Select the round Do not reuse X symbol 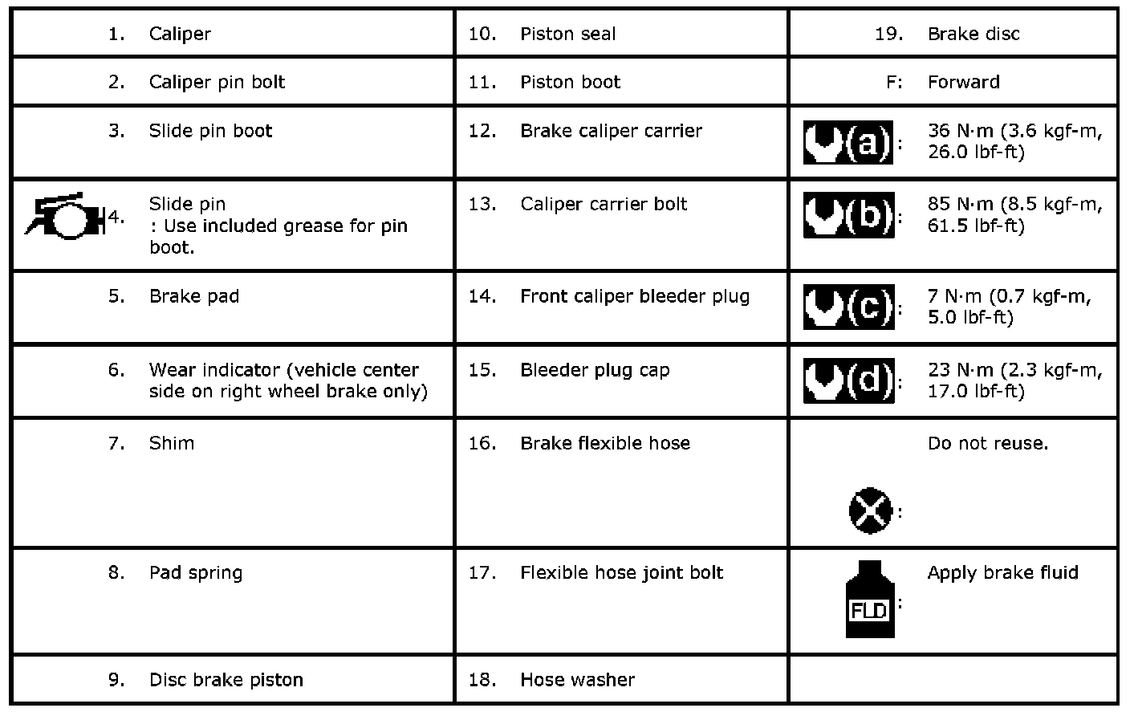pos(870,510)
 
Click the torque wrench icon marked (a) pos(847,143)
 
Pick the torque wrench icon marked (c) pos(847,307)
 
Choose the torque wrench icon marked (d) pos(847,381)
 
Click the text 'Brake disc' pos(973,34)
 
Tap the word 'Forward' pos(963,82)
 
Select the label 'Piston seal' pos(567,34)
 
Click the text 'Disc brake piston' pos(226,680)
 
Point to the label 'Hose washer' pos(577,680)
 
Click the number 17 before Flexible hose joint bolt pos(482,573)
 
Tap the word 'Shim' pos(171,443)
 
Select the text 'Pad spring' pos(195,573)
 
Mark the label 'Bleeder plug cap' pos(594,370)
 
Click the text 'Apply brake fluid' pos(1002,573)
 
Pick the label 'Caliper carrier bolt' pos(603,204)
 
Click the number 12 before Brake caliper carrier pos(482,131)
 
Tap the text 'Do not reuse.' pos(987,443)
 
